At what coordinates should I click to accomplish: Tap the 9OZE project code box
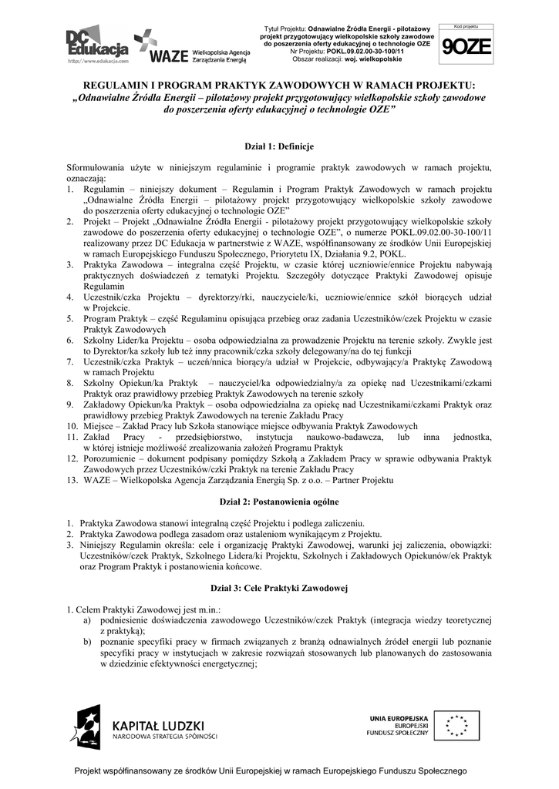466,46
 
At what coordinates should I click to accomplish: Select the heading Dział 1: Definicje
278,146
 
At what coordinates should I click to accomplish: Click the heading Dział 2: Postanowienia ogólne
279,502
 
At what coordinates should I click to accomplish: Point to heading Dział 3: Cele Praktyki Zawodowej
279,589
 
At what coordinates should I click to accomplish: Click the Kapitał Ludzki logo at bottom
146,726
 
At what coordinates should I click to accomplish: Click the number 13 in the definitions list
71,480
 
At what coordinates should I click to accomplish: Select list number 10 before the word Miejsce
71,426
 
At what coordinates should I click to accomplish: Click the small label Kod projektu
466,27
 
